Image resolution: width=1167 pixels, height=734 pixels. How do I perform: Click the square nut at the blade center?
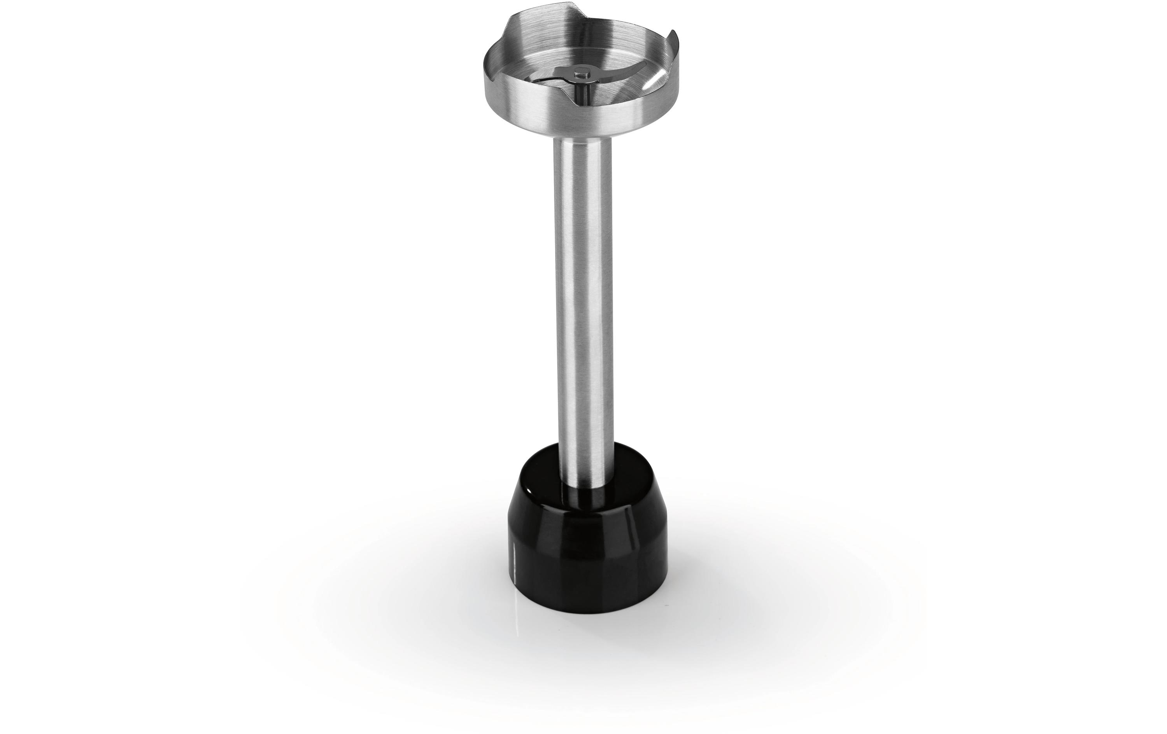point(580,73)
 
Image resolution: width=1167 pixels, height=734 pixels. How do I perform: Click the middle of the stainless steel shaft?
point(580,301)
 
